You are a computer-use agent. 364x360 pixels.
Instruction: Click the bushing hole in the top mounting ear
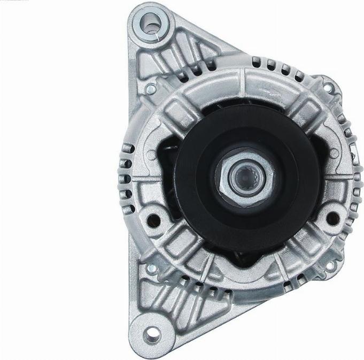[x=151, y=24]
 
